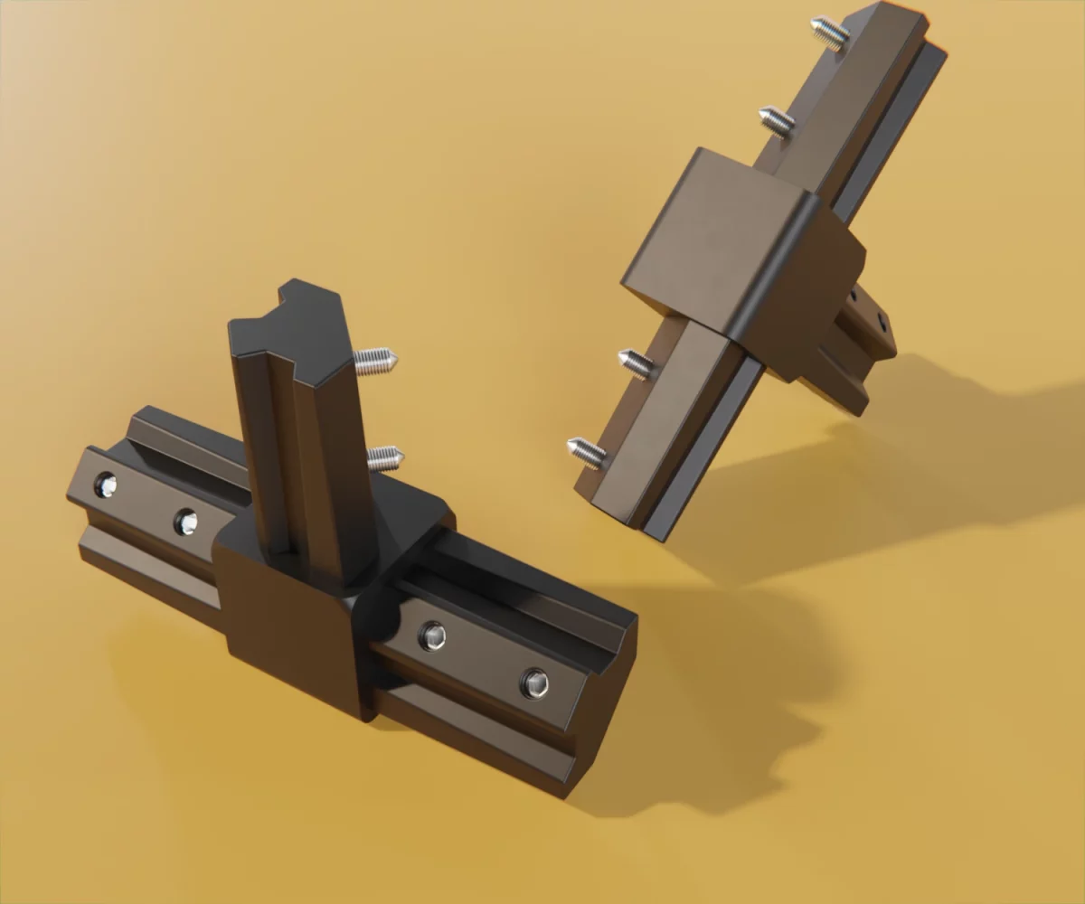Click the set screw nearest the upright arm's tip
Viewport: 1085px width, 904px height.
click(375, 362)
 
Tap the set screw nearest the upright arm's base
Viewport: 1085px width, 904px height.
click(386, 457)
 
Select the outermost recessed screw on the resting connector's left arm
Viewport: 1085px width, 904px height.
click(106, 485)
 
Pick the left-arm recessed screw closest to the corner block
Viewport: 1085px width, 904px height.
click(185, 522)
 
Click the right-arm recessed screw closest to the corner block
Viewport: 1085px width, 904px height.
click(432, 636)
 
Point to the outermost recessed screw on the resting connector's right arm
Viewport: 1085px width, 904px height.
click(535, 683)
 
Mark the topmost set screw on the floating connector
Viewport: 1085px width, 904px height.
click(830, 33)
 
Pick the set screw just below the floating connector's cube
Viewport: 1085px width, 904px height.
click(637, 363)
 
